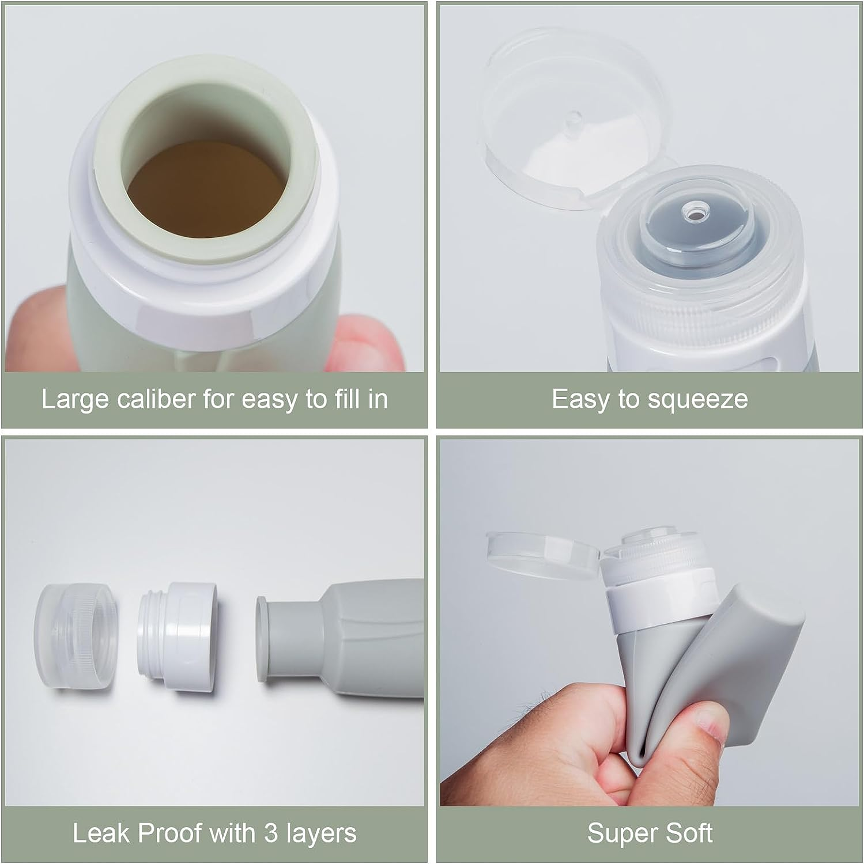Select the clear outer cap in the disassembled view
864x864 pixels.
click(x=75, y=636)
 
